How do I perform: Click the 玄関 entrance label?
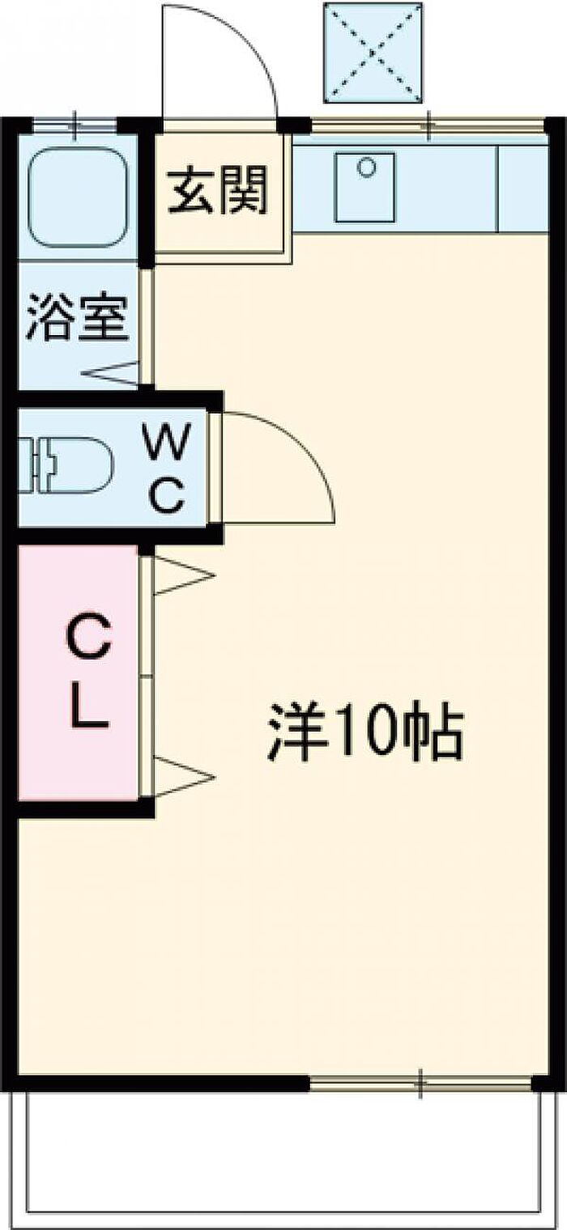(218, 189)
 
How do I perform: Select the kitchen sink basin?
(365, 187)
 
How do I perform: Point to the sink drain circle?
(366, 167)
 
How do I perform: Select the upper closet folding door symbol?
(181, 576)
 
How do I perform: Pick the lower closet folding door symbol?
(181, 777)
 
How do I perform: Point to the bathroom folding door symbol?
(110, 374)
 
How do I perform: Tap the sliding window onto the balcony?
(421, 1082)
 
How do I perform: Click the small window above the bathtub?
(75, 125)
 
